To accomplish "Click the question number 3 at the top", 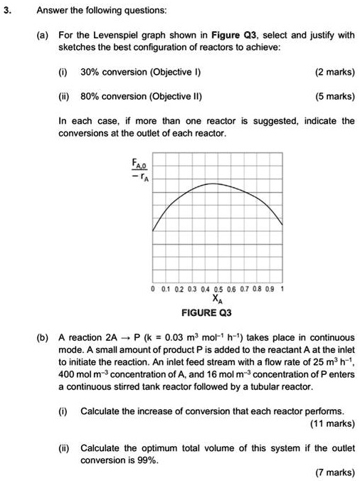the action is [8, 11].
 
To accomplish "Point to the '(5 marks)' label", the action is [334, 96].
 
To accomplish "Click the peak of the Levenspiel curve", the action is [213, 183].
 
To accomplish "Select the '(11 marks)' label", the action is [332, 424].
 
